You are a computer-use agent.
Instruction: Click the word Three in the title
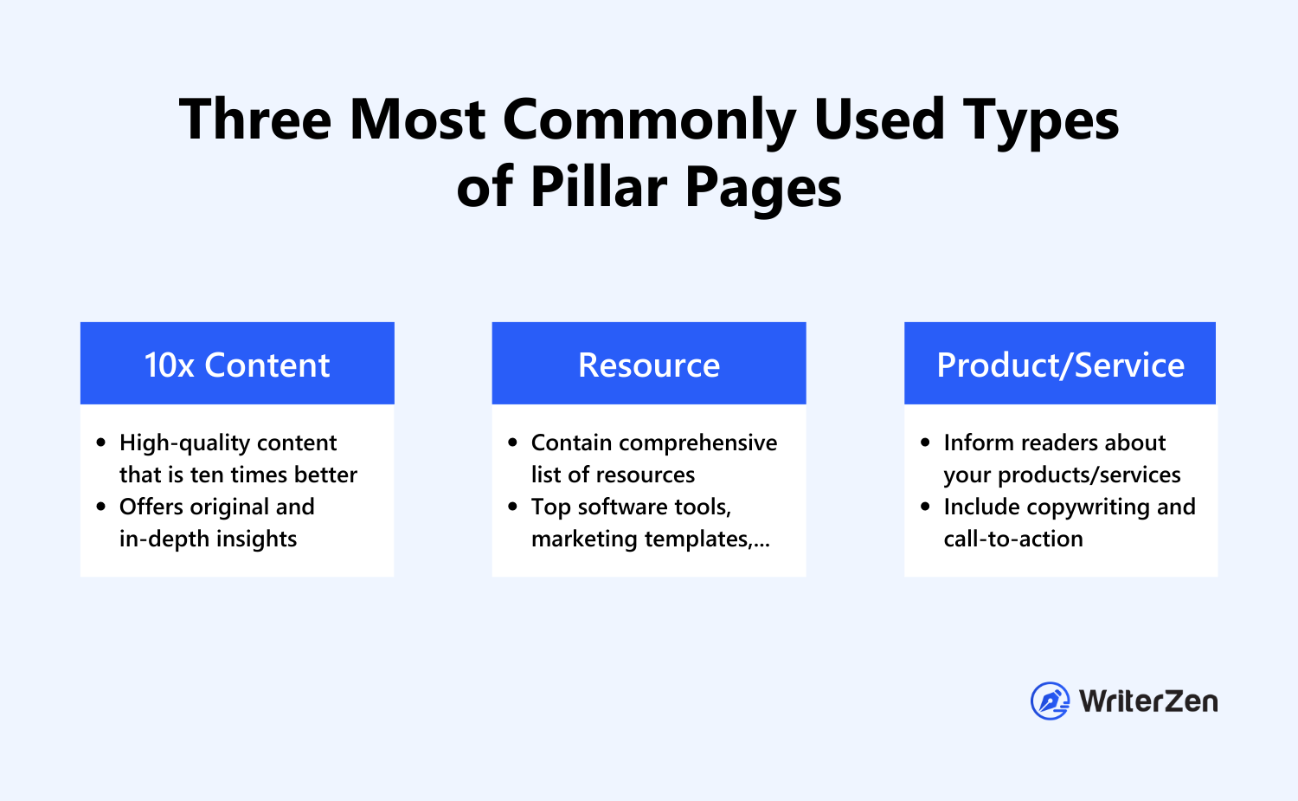[x=255, y=120]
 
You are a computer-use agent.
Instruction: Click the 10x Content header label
[x=237, y=365]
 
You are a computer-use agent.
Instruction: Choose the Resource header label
[x=649, y=365]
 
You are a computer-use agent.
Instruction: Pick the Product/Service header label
[x=1060, y=365]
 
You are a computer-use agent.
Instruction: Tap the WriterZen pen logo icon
[x=1050, y=701]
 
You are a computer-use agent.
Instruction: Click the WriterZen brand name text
[x=1148, y=701]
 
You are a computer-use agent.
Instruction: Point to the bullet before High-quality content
[x=101, y=442]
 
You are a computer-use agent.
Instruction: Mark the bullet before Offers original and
[x=101, y=507]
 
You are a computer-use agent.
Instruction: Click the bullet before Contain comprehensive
[x=513, y=442]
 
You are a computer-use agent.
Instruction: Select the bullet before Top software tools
[x=513, y=507]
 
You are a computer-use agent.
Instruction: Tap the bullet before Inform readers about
[x=925, y=442]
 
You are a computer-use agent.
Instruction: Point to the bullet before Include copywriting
[x=925, y=507]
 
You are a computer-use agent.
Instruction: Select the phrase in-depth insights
[x=208, y=539]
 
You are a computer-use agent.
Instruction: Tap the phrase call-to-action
[x=1013, y=539]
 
